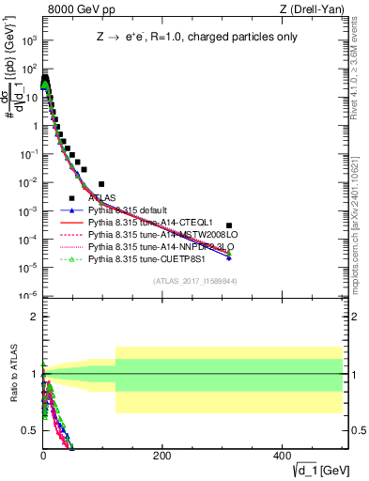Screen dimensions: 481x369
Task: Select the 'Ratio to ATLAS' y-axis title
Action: coord(12,375)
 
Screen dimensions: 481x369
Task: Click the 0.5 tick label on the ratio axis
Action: coord(30,430)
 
